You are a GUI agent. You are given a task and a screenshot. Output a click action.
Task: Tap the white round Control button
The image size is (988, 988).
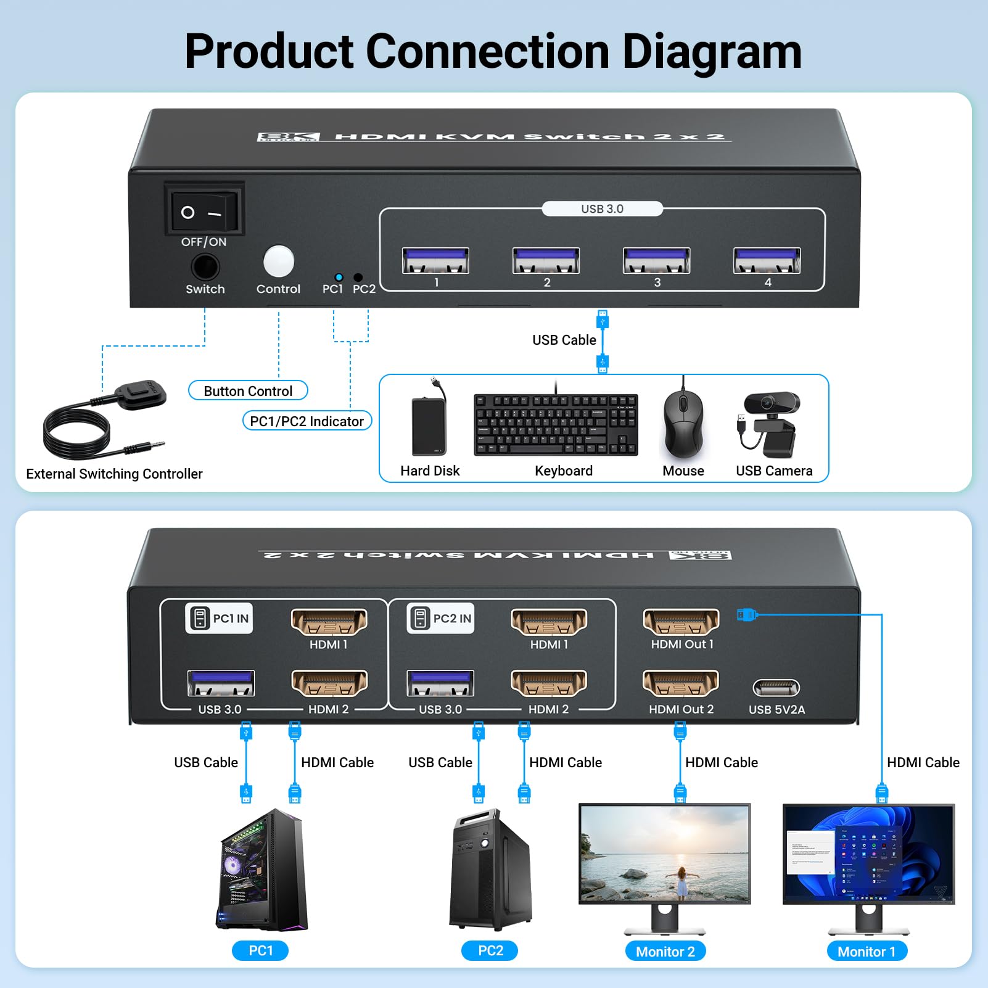tap(279, 261)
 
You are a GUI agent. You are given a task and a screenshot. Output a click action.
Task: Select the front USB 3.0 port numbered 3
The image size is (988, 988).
tap(656, 260)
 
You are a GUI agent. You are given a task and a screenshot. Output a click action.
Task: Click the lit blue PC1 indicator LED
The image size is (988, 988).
tap(339, 277)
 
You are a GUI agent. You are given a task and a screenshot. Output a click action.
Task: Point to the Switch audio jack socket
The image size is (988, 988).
tap(205, 267)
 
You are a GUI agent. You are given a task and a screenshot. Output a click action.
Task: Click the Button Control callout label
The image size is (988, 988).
tap(248, 391)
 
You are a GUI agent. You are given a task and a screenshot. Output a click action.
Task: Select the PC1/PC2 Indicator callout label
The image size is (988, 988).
tap(307, 421)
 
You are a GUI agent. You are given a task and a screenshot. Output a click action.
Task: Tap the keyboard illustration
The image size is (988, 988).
tap(556, 425)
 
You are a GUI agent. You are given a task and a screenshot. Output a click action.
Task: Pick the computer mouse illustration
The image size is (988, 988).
tap(683, 424)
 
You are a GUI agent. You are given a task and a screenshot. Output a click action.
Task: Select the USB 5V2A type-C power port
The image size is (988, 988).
tap(776, 687)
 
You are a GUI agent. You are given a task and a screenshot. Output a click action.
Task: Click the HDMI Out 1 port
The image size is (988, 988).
tap(681, 622)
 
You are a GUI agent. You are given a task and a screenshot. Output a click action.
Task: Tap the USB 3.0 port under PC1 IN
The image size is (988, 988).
tap(221, 683)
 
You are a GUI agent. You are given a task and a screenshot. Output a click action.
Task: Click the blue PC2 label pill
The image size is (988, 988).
tap(490, 950)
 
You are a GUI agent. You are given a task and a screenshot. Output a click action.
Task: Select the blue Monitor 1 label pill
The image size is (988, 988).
tap(867, 951)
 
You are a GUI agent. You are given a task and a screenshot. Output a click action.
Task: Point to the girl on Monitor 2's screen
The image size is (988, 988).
tap(682, 882)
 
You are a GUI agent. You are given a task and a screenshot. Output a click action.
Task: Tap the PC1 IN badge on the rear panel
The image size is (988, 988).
tap(219, 618)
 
